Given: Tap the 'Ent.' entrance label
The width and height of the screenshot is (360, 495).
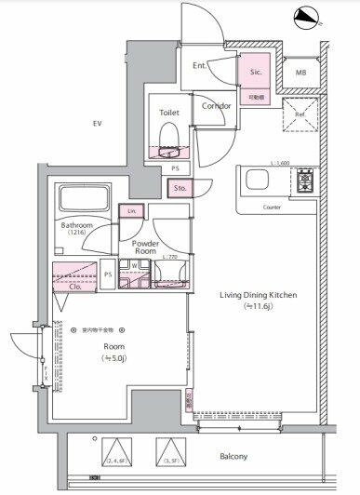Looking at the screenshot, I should click(200, 66).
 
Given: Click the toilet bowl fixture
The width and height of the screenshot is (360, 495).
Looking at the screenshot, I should click(169, 139).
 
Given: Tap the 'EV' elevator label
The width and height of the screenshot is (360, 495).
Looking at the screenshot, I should click(96, 123).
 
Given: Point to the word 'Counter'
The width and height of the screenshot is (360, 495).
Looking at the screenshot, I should click(272, 207).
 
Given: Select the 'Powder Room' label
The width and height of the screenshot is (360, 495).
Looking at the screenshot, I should click(145, 246).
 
